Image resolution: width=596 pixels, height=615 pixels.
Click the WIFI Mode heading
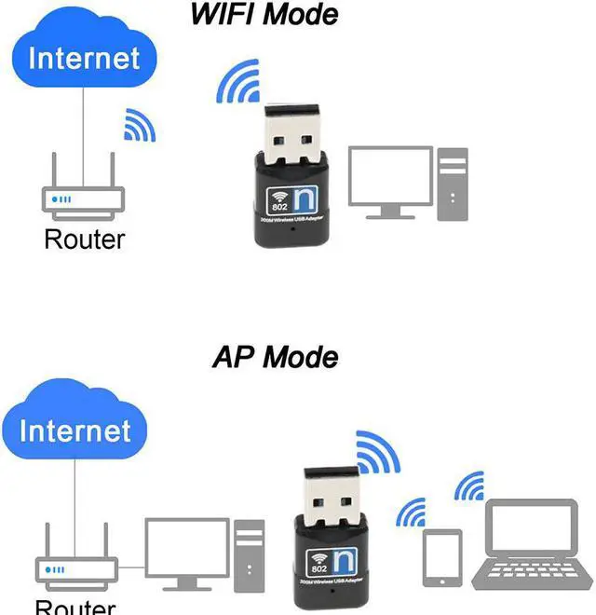coord(264,15)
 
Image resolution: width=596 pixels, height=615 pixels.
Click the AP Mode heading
coord(276,357)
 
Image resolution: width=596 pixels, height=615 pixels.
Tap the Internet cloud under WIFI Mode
coord(83,58)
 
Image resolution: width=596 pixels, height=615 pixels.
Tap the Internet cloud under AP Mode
coord(74,430)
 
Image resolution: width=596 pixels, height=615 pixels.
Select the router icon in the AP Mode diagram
coord(75,566)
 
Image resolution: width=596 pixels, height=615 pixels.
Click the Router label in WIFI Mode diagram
coord(84,239)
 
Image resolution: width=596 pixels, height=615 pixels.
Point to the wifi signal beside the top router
coord(139,126)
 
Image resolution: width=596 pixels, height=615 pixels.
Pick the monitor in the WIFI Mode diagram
coord(390,180)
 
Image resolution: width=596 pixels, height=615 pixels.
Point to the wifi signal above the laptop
coord(469,486)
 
